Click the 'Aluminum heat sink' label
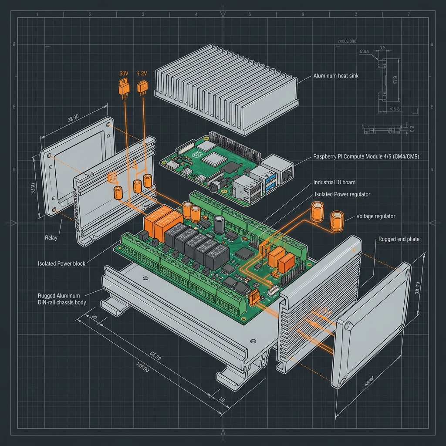(x=336, y=76)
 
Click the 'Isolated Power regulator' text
(x=342, y=194)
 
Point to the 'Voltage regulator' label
(x=376, y=216)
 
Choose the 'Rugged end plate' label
(x=399, y=239)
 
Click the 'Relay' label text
(x=51, y=238)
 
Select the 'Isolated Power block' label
(x=61, y=264)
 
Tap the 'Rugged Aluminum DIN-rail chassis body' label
(x=62, y=299)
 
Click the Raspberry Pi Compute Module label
(x=366, y=156)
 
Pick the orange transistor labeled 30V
(x=124, y=87)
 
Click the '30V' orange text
(x=123, y=74)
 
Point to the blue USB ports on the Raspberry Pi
(x=266, y=179)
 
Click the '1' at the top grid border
(x=37, y=14)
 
